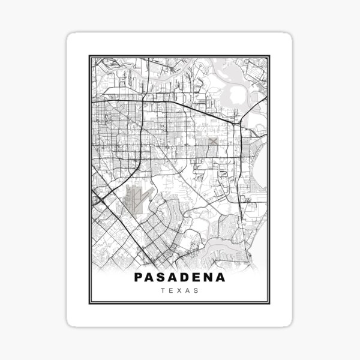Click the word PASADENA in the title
(180, 278)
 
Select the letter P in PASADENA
(139, 278)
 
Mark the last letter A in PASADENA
(221, 278)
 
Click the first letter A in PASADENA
(151, 278)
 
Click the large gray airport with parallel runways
(137, 198)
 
